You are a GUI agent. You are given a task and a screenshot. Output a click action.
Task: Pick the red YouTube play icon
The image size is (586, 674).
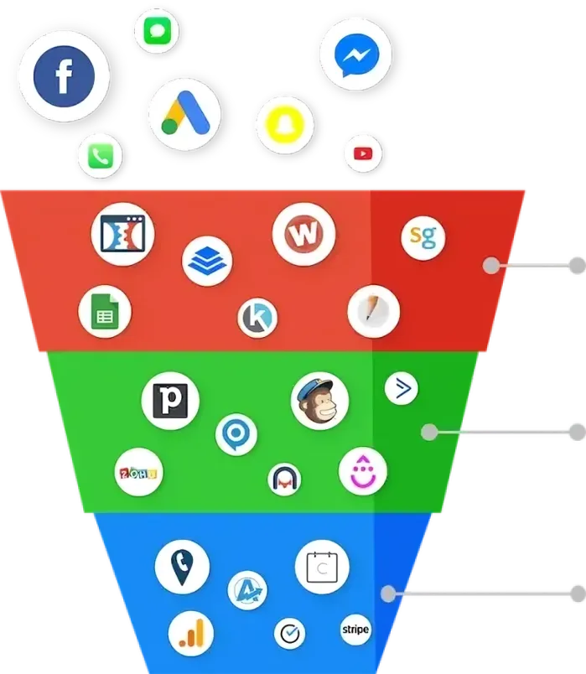click(363, 153)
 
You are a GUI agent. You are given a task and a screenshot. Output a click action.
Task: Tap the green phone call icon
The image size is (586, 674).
click(100, 156)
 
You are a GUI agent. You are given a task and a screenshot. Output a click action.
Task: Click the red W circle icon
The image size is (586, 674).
click(303, 233)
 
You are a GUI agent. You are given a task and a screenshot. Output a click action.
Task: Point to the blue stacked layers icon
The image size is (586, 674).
click(207, 261)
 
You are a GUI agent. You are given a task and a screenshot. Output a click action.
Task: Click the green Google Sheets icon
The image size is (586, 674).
click(105, 311)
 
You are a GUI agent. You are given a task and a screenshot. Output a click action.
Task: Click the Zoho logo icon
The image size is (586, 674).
click(137, 474)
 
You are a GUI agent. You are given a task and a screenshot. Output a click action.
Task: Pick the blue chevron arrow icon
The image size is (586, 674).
click(402, 387)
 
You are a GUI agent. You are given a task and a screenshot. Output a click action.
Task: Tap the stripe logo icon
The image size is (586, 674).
click(355, 629)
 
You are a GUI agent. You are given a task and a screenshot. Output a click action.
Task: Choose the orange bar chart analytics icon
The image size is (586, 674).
click(190, 633)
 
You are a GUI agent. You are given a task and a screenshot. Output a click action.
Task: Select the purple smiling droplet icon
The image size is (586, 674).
click(363, 471)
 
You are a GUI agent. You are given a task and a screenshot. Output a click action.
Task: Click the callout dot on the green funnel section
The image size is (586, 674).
click(430, 433)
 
